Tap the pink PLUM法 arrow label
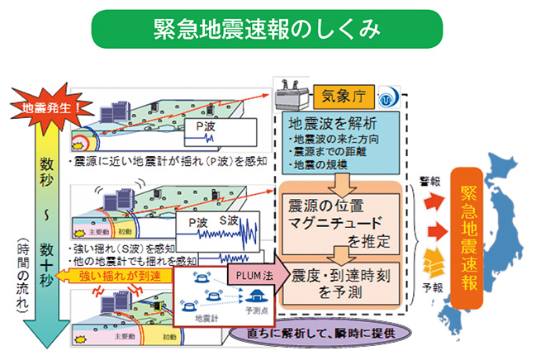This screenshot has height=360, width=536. tap(251, 269)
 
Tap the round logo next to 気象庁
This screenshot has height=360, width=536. tap(387, 97)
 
